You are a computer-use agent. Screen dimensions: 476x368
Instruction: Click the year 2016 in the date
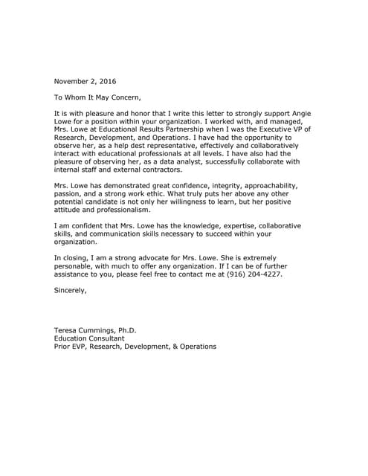106,80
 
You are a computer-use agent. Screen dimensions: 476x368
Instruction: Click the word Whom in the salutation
80,97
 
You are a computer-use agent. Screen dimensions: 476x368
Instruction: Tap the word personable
76,267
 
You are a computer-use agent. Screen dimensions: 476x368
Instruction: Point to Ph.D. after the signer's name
127,331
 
